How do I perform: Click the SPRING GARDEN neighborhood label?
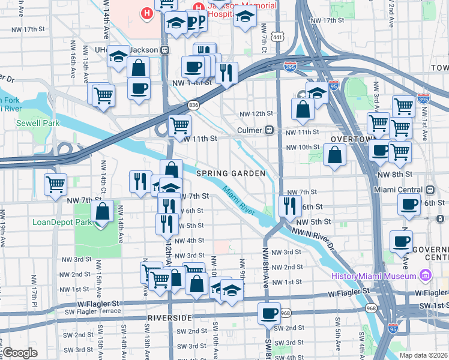click(231, 173)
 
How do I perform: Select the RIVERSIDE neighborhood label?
click(170, 317)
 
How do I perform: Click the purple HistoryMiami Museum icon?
click(426, 275)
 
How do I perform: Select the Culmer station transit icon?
click(270, 130)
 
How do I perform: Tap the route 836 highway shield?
click(193, 105)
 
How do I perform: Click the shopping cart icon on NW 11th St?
click(179, 126)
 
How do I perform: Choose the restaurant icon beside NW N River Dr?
click(291, 206)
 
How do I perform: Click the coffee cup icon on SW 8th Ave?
click(269, 313)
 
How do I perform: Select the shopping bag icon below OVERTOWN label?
click(334, 155)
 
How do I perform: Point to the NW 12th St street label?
click(256, 114)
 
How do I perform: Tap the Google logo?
click(20, 352)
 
